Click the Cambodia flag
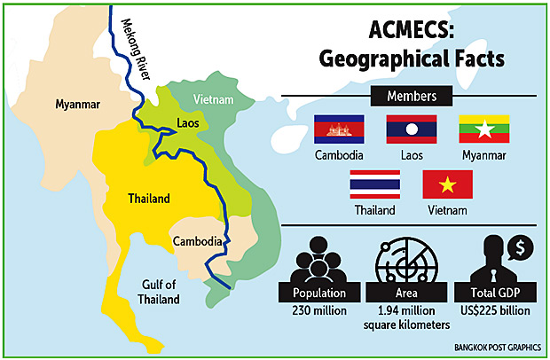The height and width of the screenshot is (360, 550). point(339,129)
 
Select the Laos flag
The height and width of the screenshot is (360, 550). point(411,129)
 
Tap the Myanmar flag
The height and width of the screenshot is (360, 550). point(483,129)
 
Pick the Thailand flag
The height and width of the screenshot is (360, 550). point(374,184)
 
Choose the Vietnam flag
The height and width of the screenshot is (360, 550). point(447,184)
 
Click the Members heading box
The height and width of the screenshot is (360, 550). point(411,95)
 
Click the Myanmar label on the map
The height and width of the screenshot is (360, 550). point(75,104)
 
